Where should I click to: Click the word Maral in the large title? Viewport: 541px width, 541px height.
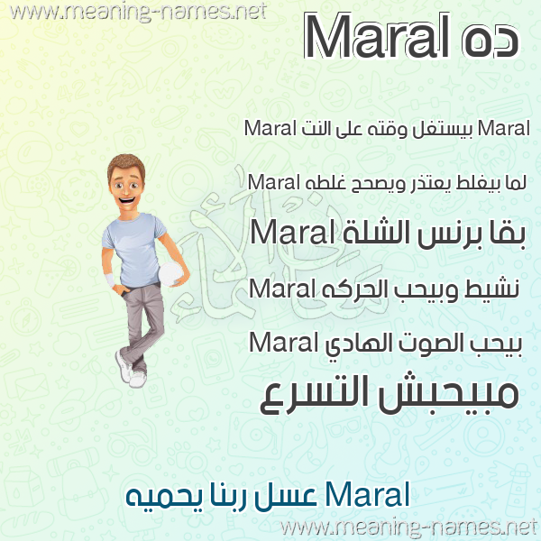[377, 36]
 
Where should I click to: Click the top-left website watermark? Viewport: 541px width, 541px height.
[139, 13]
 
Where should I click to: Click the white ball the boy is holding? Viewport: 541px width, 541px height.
[170, 274]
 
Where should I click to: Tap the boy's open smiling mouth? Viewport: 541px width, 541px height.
[126, 200]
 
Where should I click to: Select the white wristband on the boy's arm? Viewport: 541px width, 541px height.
[110, 280]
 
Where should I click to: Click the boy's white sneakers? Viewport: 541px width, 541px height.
[131, 370]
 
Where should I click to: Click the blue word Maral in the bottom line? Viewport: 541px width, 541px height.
[368, 494]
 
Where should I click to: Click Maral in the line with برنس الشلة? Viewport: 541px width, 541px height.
[292, 233]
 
